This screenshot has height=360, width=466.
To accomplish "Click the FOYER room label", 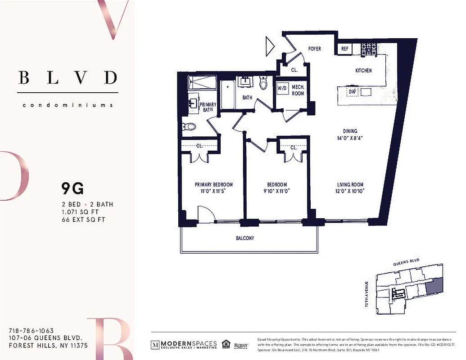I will click(x=314, y=48).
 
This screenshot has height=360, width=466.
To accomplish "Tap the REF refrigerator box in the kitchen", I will click(x=345, y=49).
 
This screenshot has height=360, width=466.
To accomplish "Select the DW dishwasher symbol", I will click(x=353, y=92).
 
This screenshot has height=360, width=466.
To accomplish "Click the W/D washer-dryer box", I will click(x=282, y=88).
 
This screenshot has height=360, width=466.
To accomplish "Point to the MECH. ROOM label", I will click(x=298, y=90).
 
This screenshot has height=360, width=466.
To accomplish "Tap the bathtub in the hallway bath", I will click(x=227, y=94).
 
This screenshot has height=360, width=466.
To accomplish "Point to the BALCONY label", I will click(x=245, y=238).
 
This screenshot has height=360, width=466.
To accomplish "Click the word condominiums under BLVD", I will click(x=68, y=105).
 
